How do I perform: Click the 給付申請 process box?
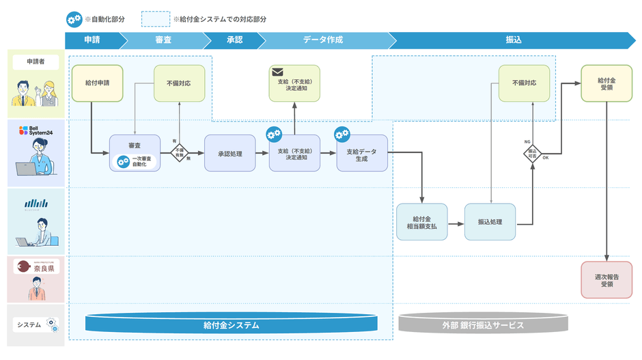point(97,83)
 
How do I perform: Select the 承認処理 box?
point(230,152)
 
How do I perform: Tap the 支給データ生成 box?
point(362,153)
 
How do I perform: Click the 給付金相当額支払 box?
point(421,221)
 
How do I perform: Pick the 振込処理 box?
point(490,221)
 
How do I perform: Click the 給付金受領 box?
point(606,83)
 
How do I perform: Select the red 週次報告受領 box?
point(606,279)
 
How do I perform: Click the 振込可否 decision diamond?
point(532,152)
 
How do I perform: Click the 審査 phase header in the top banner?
point(163,40)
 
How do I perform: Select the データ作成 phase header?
point(323,40)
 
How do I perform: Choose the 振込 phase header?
point(513,40)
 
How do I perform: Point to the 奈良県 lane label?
point(36,268)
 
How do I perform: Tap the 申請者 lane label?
point(36,63)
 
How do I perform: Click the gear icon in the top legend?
point(74,19)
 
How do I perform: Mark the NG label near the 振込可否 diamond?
point(527,141)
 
